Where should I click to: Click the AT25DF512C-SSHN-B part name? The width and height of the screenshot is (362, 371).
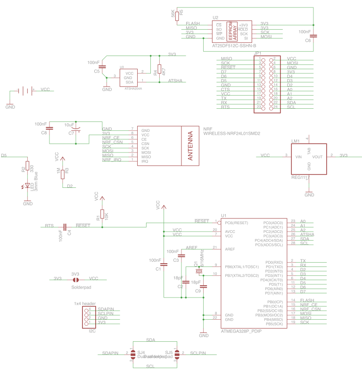pos(234,46)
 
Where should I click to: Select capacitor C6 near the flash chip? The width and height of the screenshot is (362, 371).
pos(313,35)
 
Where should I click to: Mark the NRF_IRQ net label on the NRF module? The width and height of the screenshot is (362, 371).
pos(112,160)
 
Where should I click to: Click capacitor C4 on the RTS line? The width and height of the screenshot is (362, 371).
pos(66,227)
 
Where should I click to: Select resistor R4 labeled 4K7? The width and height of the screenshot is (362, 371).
pos(159,71)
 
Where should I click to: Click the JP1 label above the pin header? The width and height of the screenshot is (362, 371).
pos(257,53)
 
